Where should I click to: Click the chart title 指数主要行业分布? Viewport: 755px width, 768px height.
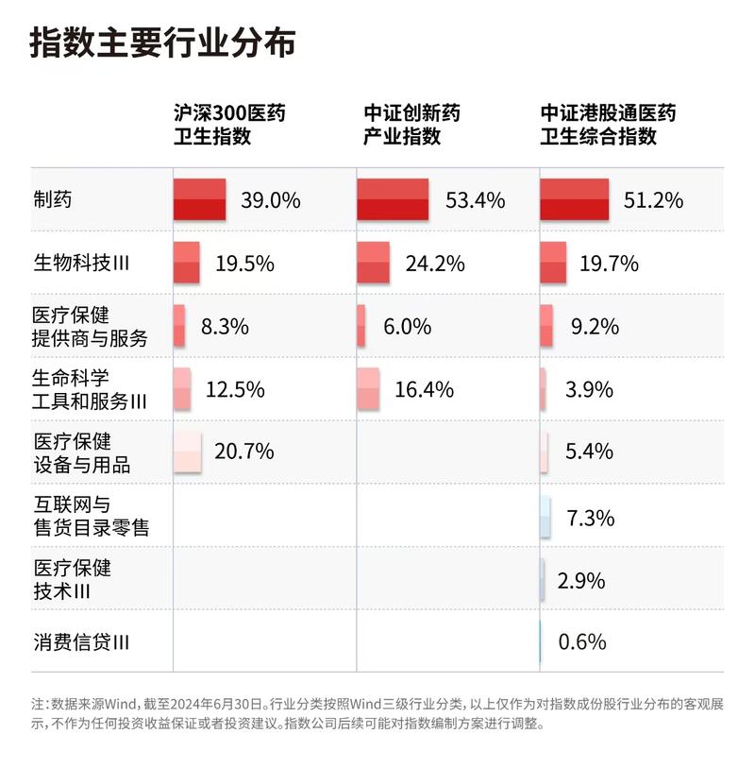[x=162, y=43]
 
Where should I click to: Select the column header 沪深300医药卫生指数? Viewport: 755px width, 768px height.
[x=229, y=124]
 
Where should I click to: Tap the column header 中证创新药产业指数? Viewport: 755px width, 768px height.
[x=412, y=124]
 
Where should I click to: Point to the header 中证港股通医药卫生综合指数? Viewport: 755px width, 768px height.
[x=608, y=124]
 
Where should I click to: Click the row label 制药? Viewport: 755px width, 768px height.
[x=52, y=200]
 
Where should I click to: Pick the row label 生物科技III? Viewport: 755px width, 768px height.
[x=80, y=264]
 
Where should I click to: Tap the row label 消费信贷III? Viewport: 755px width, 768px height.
[x=80, y=643]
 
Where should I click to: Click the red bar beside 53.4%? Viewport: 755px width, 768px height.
[x=393, y=199]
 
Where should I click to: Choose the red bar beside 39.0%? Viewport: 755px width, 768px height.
[x=199, y=199]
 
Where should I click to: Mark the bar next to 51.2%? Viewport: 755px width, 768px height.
[x=575, y=199]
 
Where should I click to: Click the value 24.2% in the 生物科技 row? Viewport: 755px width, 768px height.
[x=435, y=264]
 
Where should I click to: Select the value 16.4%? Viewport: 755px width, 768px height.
[x=424, y=389]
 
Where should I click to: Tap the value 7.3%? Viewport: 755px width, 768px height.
[x=590, y=518]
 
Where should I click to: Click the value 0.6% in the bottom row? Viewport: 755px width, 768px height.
[x=582, y=642]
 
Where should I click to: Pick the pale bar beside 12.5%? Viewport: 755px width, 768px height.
[x=182, y=388]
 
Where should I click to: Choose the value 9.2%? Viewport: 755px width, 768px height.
[x=595, y=327]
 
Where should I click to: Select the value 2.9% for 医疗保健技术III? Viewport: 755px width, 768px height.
[x=581, y=580]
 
